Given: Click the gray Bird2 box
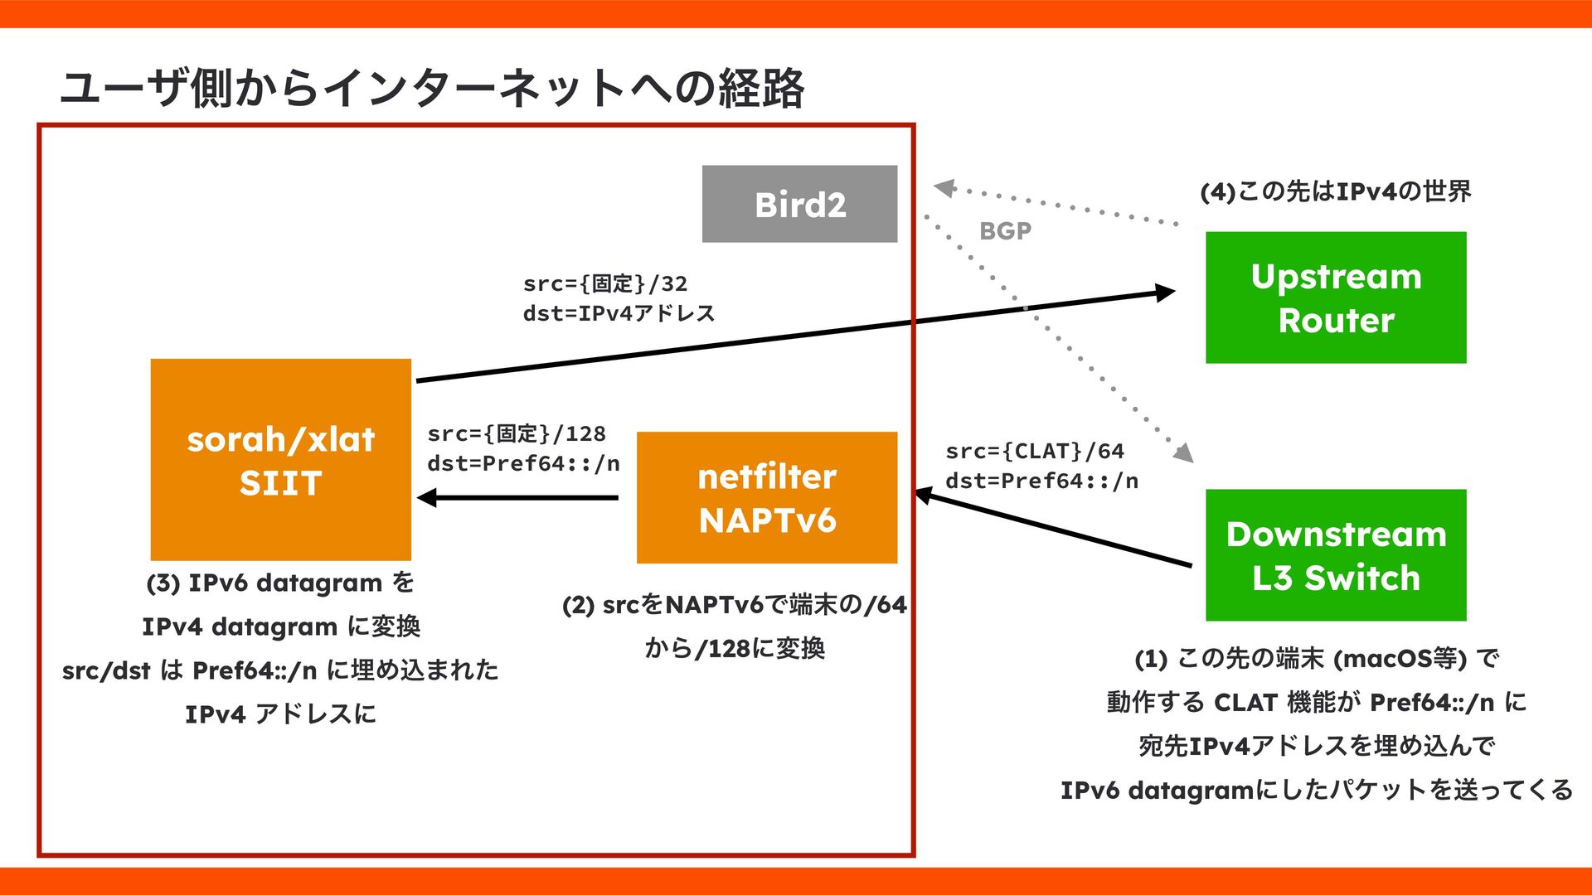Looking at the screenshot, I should coord(799,204).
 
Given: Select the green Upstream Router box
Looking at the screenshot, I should coord(1335,298).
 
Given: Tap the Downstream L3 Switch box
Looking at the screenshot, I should coord(1335,555).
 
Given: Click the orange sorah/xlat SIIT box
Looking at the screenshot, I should coord(280,459).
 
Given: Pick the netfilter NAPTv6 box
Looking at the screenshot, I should coord(766,497).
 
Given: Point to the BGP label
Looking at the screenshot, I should coord(1005,231).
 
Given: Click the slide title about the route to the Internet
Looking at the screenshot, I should coord(431,88).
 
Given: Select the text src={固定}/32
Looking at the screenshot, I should coord(605,283).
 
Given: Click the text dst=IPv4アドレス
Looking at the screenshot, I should coord(619,313).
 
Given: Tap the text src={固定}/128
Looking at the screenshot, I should coord(517,433).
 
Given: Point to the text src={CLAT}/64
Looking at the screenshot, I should coord(1035,451).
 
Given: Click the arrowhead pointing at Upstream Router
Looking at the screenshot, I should coord(1164,293).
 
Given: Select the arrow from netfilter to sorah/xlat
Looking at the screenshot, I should coord(518,498).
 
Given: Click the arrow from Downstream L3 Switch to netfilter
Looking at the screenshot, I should coord(1053,530).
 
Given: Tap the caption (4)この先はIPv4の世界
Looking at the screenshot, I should coord(1335,191).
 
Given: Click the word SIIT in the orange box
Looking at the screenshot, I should coord(280,483).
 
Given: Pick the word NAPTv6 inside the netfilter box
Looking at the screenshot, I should coord(767,520).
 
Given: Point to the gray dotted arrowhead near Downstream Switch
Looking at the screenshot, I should coord(1183,452).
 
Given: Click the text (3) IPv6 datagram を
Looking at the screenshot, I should coord(280,583).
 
